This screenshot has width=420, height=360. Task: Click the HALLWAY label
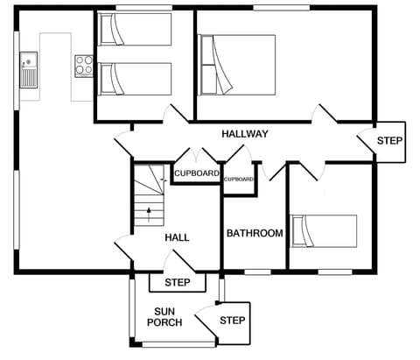pyautogui.click(x=244, y=134)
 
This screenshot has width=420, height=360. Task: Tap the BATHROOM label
pyautogui.click(x=255, y=234)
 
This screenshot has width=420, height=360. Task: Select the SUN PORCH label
pyautogui.click(x=168, y=317)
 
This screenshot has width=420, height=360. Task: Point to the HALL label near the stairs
pyautogui.click(x=177, y=237)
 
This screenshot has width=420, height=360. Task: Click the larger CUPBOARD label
pyautogui.click(x=197, y=173)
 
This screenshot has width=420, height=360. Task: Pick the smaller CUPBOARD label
pyautogui.click(x=238, y=180)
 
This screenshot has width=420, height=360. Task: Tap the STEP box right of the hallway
pyautogui.click(x=389, y=141)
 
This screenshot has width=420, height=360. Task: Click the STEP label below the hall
pyautogui.click(x=178, y=283)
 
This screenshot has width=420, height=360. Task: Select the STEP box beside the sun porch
pyautogui.click(x=233, y=321)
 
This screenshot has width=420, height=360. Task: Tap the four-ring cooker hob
pyautogui.click(x=84, y=64)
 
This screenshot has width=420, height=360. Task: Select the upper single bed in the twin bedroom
pyautogui.click(x=135, y=29)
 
